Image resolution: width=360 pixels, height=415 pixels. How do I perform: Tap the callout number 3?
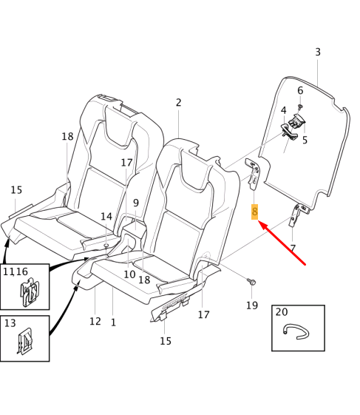point(318,52)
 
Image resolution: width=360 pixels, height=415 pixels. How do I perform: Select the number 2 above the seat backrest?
point(178,103)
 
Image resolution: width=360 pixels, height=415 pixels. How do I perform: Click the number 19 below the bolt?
point(251,305)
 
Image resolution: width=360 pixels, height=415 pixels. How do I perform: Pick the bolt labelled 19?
point(251,282)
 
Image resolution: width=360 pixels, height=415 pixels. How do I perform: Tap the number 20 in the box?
point(282,312)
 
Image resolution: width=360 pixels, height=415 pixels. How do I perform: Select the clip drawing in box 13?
point(26,341)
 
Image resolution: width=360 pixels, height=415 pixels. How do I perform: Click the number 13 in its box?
point(10,323)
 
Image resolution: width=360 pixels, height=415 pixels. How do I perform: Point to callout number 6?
point(300,91)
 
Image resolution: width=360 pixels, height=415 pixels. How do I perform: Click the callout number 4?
point(283,111)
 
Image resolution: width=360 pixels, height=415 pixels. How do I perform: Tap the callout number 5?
point(304,139)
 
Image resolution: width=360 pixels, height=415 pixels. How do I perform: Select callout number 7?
point(293,248)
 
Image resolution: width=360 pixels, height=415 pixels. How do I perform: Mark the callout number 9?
point(136,203)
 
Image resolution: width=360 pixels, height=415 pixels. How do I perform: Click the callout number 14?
point(106,217)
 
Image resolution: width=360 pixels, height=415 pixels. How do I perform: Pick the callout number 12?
point(95,321)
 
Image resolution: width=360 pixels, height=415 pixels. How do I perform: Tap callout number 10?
point(129,274)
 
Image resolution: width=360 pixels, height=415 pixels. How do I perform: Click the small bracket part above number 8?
point(253,175)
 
